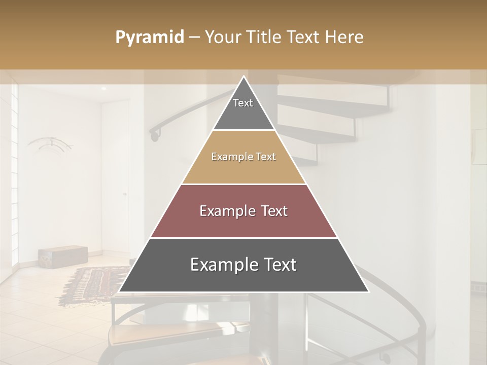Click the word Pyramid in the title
coord(150,38)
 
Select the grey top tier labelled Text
coord(243,109)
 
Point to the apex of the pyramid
coord(244,77)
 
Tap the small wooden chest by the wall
coord(62,255)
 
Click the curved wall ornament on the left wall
coord(51,144)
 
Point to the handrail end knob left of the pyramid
coord(153,135)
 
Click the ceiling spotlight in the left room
coord(103,89)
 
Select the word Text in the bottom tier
coord(276,265)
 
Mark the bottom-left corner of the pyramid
coord(119,292)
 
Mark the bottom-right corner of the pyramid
coord(369,292)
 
